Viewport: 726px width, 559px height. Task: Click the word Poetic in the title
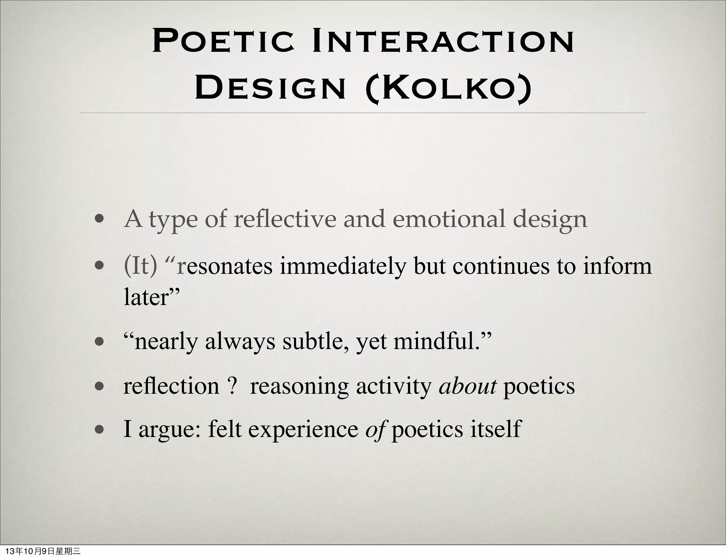(x=223, y=42)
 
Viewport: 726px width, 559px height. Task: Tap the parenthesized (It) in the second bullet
(x=140, y=266)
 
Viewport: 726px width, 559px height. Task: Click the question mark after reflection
(x=232, y=386)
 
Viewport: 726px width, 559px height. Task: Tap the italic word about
(x=467, y=386)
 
